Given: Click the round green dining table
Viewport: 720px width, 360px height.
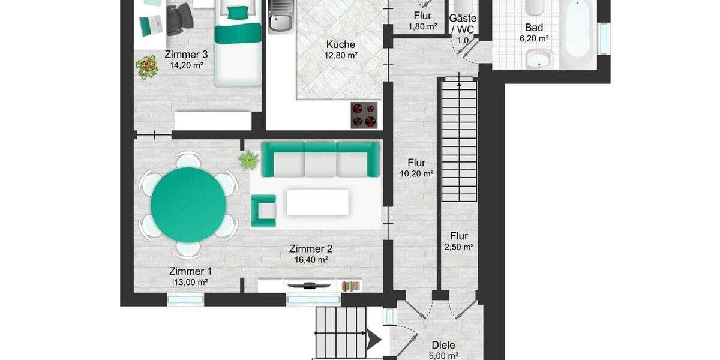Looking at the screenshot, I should (188, 205).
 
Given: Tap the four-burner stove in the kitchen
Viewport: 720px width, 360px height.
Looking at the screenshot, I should (364, 115).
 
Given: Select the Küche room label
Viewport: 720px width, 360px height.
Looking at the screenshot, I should (341, 44).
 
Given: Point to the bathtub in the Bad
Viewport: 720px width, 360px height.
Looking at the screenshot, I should (577, 30).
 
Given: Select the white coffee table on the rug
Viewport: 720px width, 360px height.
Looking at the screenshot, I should (317, 202).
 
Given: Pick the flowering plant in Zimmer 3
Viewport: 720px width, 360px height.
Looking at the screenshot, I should (146, 67).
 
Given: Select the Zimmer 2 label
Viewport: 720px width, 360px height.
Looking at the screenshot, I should (310, 248).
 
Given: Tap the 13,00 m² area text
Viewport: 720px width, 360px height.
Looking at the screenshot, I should (190, 282).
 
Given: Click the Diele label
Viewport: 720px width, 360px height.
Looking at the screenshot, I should (443, 345).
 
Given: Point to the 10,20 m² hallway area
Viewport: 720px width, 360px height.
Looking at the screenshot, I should (416, 174).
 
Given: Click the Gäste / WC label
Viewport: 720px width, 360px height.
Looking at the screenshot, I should (463, 24).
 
